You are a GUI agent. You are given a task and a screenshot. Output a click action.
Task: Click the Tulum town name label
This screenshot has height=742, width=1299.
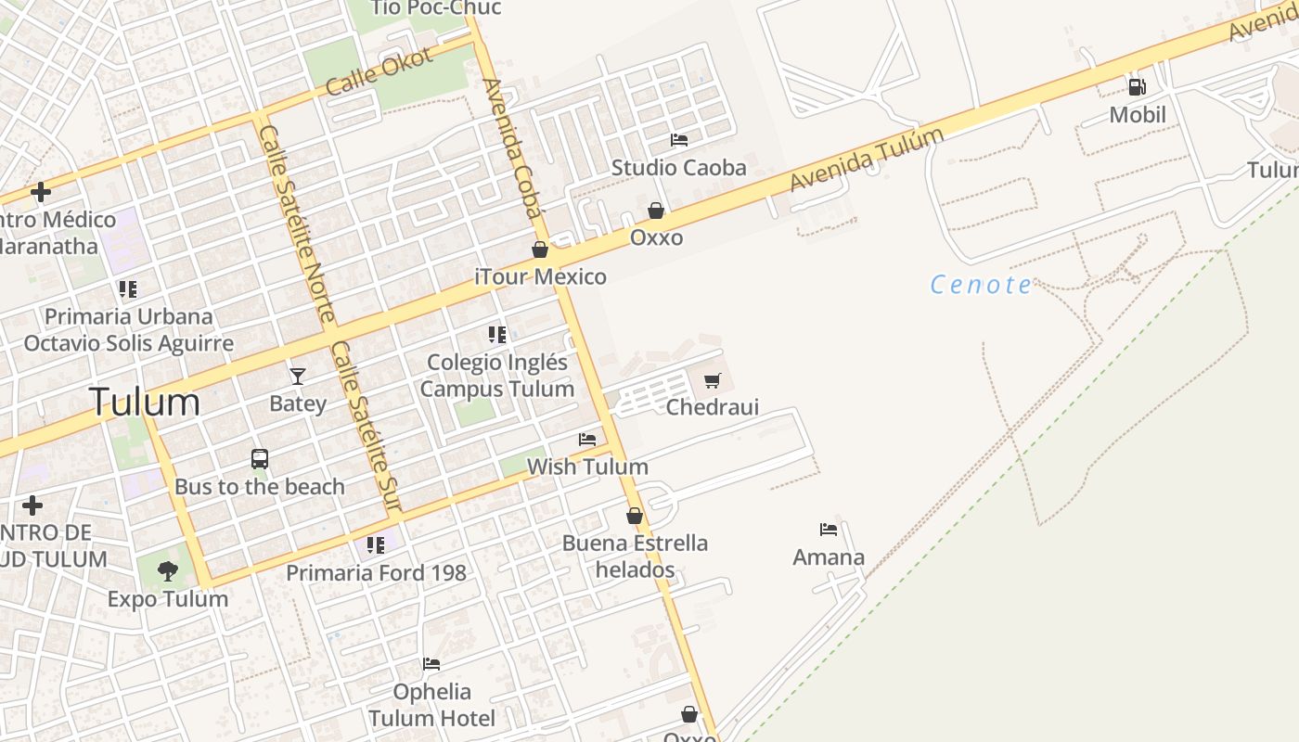[144, 403]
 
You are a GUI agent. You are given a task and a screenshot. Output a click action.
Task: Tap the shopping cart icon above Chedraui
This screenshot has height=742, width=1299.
[712, 380]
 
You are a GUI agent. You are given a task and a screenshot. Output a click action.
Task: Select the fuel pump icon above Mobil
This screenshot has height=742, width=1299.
[1137, 87]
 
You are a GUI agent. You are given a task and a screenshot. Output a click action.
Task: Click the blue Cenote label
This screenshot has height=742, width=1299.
[981, 285]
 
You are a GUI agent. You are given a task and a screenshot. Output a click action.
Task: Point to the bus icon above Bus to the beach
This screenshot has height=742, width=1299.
[260, 459]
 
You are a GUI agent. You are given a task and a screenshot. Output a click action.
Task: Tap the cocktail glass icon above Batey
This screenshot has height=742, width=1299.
[297, 376]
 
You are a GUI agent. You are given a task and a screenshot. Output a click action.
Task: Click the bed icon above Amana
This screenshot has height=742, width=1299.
[829, 530]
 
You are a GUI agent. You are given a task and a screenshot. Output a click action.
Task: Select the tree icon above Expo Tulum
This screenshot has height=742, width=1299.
[167, 571]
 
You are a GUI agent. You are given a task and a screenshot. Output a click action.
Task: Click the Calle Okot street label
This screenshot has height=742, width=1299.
[379, 71]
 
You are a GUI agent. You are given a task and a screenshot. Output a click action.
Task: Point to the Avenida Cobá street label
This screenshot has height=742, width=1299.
[511, 148]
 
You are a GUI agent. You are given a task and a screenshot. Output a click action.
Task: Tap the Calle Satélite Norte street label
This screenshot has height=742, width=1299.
[296, 224]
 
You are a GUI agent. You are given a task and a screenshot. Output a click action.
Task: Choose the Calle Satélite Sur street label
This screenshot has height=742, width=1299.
[366, 426]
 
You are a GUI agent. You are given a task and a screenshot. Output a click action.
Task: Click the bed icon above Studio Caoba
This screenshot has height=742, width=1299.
[679, 140]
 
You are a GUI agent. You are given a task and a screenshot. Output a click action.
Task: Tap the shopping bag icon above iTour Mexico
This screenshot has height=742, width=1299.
[540, 249]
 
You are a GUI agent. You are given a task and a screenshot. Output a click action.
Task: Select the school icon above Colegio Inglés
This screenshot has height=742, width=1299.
[497, 334]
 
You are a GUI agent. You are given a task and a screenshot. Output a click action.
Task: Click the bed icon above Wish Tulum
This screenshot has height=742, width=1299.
[587, 439]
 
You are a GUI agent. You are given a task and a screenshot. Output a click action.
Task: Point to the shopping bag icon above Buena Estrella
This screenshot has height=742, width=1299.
[635, 516]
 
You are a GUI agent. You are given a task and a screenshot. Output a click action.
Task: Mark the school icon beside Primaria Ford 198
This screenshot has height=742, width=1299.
[375, 545]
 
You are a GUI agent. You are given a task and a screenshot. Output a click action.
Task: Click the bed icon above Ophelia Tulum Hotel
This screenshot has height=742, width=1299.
[431, 664]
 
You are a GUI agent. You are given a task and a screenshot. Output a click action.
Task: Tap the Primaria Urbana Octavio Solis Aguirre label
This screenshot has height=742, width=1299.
[128, 329]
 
